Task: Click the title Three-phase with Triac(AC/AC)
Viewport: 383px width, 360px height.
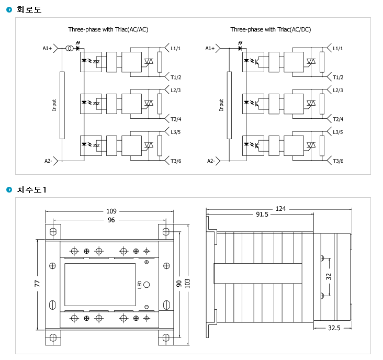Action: pyautogui.click(x=108, y=29)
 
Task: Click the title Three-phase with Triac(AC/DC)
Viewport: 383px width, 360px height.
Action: pyautogui.click(x=271, y=29)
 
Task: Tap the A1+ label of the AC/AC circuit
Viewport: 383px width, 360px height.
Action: pyautogui.click(x=47, y=48)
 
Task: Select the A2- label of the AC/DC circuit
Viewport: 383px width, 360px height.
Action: pyautogui.click(x=211, y=161)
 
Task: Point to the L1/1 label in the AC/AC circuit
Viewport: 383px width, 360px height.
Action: pyautogui.click(x=176, y=48)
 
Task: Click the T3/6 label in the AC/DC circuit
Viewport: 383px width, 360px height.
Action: pyautogui.click(x=338, y=161)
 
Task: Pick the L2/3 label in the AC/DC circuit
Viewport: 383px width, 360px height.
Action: pyautogui.click(x=338, y=91)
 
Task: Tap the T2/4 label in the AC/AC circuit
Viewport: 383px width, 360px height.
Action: pyautogui.click(x=176, y=119)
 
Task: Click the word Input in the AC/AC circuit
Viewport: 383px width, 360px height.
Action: pyautogui.click(x=54, y=105)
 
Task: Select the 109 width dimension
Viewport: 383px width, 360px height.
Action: pyautogui.click(x=111, y=211)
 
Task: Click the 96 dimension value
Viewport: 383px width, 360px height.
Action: pyautogui.click(x=111, y=220)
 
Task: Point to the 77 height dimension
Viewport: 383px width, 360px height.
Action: pyautogui.click(x=37, y=283)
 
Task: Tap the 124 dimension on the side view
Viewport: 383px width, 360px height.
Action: pyautogui.click(x=280, y=209)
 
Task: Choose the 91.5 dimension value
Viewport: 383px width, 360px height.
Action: pyautogui.click(x=262, y=215)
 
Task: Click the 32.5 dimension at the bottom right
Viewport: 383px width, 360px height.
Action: pyautogui.click(x=334, y=328)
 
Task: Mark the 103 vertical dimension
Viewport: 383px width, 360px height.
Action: pyautogui.click(x=187, y=283)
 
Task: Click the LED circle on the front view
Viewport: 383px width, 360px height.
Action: pyautogui.click(x=147, y=285)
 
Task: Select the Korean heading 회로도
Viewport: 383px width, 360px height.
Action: pyautogui.click(x=29, y=9)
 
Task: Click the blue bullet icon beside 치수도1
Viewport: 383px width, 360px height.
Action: pyautogui.click(x=9, y=189)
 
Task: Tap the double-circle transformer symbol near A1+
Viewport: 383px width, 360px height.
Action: pyautogui.click(x=70, y=48)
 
